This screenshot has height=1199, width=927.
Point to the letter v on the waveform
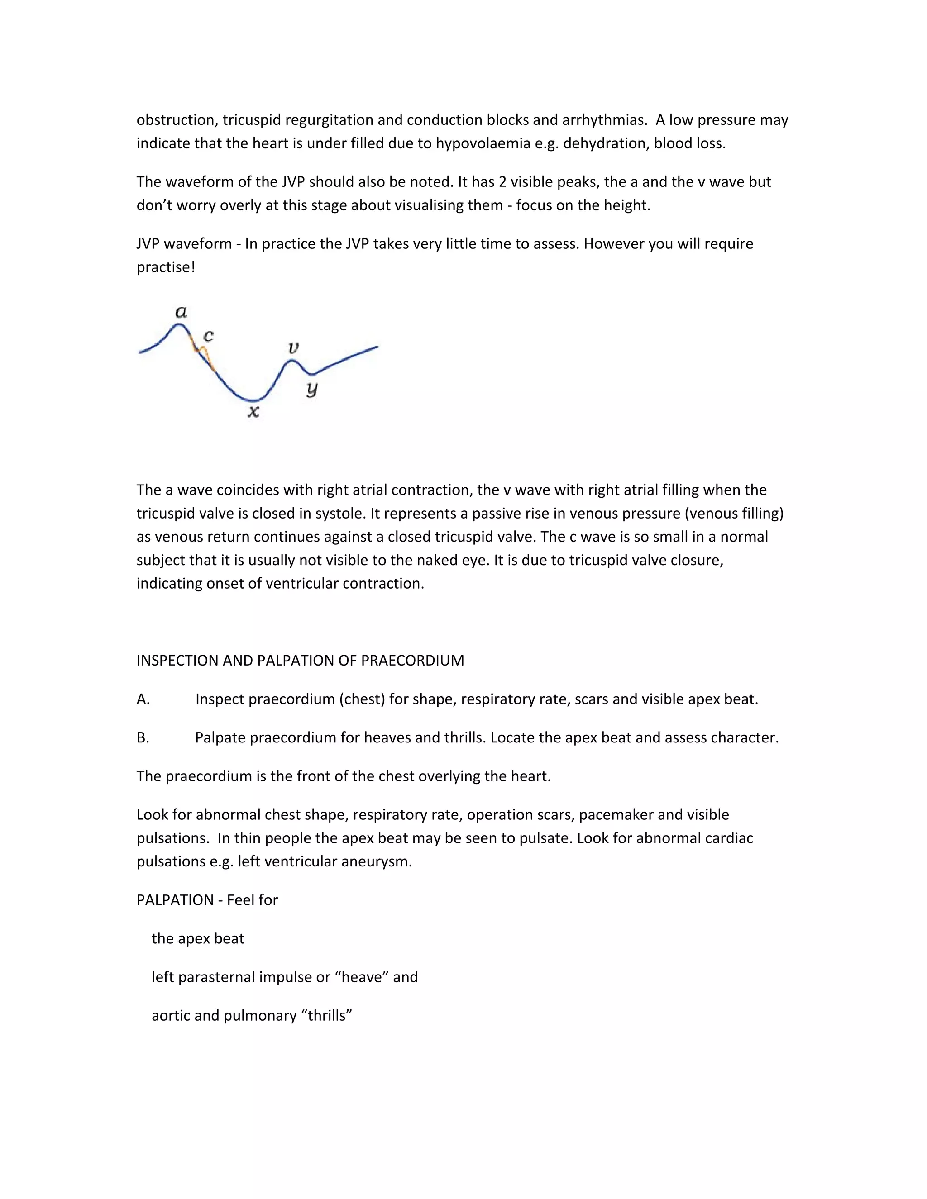tap(293, 347)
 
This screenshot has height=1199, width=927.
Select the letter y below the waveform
tap(312, 389)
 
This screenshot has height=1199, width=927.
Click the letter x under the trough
tap(253, 412)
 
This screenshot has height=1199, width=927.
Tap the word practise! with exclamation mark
tap(166, 267)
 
